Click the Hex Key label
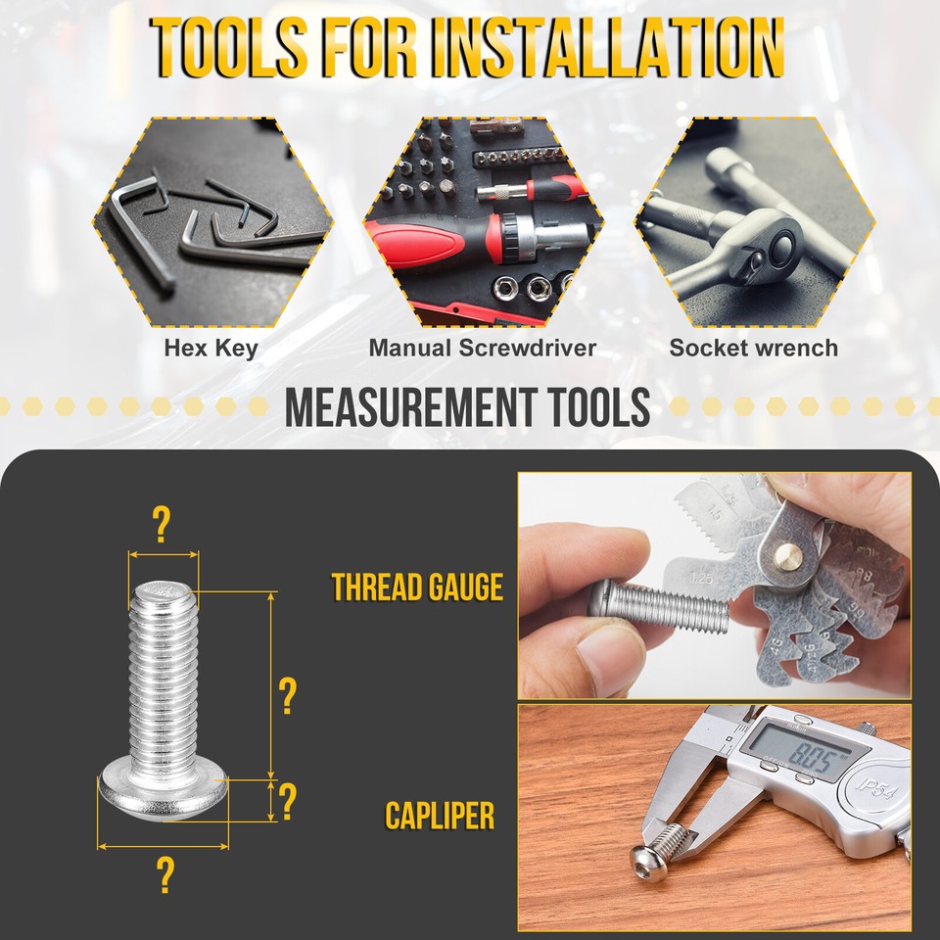click(x=211, y=348)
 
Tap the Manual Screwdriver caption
click(x=482, y=348)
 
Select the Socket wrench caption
click(x=753, y=348)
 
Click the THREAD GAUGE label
click(x=417, y=587)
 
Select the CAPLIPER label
click(x=440, y=816)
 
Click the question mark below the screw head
click(x=164, y=874)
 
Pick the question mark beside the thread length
click(x=287, y=696)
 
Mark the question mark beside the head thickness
click(x=287, y=801)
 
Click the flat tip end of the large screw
click(x=164, y=588)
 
